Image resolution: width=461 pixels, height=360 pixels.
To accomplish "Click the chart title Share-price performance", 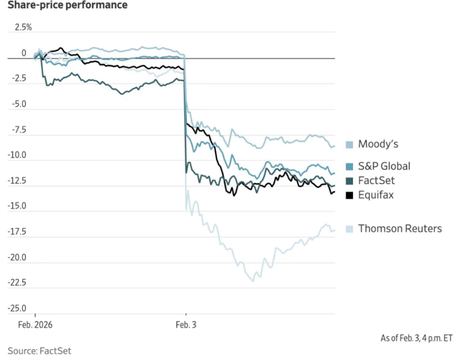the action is (67, 5).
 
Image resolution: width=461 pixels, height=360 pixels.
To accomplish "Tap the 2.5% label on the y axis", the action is (23, 27).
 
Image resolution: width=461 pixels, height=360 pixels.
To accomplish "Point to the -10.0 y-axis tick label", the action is (17, 155).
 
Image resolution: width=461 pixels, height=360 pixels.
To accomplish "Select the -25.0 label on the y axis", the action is (17, 308).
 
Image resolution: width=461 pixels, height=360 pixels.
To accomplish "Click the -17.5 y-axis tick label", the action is (17, 232).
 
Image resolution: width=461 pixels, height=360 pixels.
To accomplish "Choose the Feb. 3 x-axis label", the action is (186, 325).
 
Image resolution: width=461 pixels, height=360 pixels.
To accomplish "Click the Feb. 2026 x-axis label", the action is (35, 325).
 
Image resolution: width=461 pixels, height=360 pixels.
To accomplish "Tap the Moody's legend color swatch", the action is (349, 145).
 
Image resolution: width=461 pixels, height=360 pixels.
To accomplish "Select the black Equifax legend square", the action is (349, 195).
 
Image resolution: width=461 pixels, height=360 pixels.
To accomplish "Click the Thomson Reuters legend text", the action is (400, 229).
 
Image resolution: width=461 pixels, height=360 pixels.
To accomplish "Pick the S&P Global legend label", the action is (384, 166).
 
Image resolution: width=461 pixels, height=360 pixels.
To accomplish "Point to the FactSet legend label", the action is (376, 180).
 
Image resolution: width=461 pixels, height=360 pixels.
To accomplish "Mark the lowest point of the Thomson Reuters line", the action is (253, 281).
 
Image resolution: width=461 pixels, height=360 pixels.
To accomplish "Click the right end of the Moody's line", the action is (335, 146).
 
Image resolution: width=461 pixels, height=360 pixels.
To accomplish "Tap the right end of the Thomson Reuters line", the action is (335, 231).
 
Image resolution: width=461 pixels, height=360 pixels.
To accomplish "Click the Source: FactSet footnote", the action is (39, 351).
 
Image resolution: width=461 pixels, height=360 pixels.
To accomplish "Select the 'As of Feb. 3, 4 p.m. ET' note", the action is (416, 338).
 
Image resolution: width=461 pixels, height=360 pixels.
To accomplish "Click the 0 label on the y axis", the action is (24, 53).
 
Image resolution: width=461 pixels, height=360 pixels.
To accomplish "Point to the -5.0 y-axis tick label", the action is (19, 104).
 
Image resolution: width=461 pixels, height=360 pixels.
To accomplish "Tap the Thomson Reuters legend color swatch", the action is (349, 229).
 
